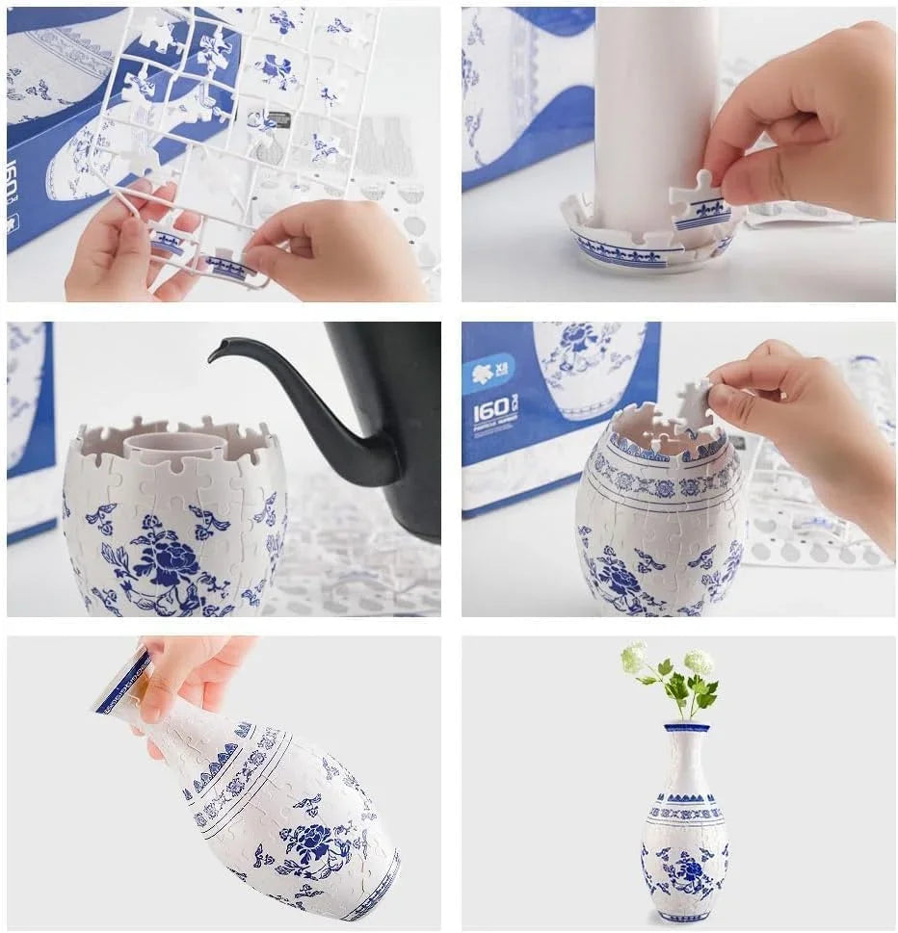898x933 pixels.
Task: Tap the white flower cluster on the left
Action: (x=633, y=658)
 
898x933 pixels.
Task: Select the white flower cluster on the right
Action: (x=699, y=661)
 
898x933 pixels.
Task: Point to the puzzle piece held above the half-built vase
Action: (x=694, y=404)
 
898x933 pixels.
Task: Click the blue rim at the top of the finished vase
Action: (x=687, y=726)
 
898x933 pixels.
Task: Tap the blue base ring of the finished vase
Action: (x=685, y=917)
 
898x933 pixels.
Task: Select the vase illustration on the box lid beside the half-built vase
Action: (x=588, y=361)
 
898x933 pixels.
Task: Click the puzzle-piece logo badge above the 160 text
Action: (x=489, y=373)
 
